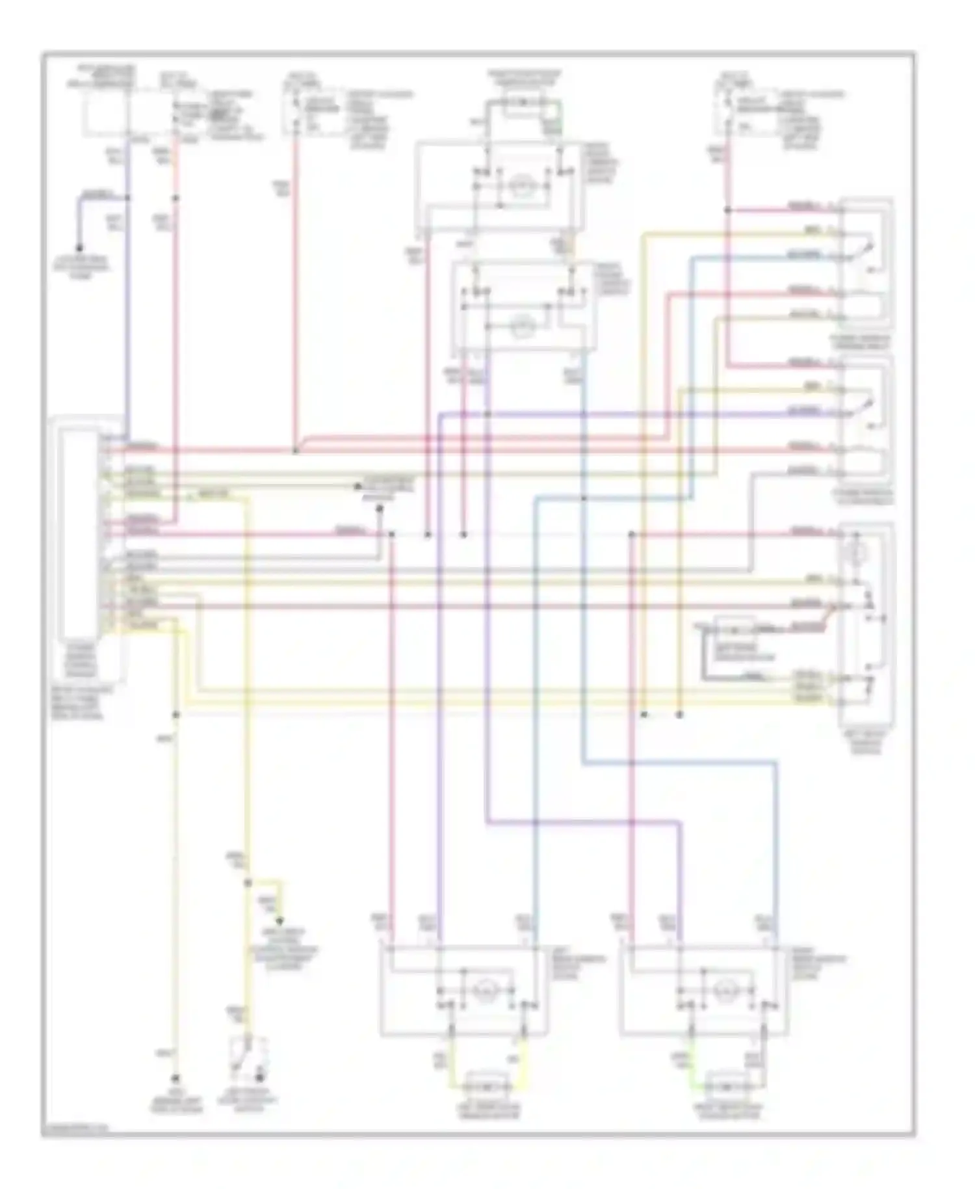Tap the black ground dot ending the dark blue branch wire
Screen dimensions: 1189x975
79,248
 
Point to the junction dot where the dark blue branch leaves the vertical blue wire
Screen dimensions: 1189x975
128,197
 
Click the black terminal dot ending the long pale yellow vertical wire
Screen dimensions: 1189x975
175,1077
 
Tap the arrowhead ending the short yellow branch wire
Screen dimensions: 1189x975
281,921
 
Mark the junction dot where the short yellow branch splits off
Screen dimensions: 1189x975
248,883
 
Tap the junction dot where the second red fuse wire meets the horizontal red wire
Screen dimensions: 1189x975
295,451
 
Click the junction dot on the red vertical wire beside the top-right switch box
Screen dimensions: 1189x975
727,210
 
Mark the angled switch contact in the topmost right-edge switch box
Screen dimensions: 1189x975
865,250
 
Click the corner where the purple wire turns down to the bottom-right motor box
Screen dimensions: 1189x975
681,823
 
